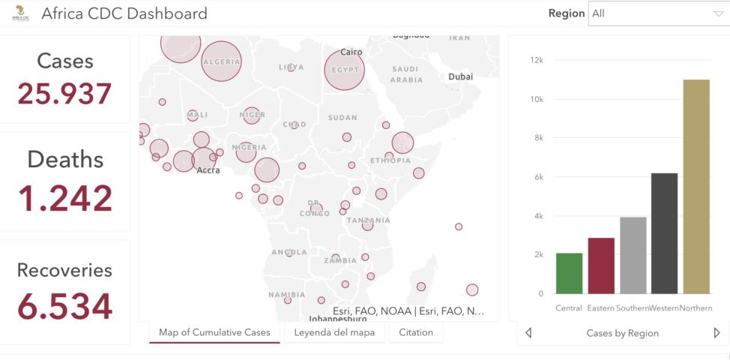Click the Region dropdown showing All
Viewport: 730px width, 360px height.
[x=656, y=13]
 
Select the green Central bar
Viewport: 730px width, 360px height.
[x=569, y=274]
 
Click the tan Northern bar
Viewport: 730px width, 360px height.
[x=696, y=187]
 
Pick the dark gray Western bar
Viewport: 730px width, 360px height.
[x=664, y=233]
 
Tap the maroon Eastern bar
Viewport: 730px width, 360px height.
[x=601, y=265]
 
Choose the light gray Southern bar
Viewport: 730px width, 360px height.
[x=633, y=255]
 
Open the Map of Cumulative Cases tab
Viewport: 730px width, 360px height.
[x=214, y=332]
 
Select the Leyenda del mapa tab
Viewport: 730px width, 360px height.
[x=334, y=332]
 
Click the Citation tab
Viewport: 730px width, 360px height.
[x=415, y=332]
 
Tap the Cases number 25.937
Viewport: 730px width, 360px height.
[x=65, y=94]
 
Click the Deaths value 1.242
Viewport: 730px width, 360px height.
[x=65, y=199]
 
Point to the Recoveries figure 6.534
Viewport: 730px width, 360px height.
[x=65, y=306]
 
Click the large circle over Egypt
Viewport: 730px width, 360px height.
[x=344, y=70]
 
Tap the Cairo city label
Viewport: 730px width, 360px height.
[x=351, y=52]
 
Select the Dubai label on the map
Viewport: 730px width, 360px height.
[x=460, y=76]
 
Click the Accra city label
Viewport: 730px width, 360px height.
[x=208, y=170]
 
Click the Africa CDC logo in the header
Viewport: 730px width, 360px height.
[x=21, y=13]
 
